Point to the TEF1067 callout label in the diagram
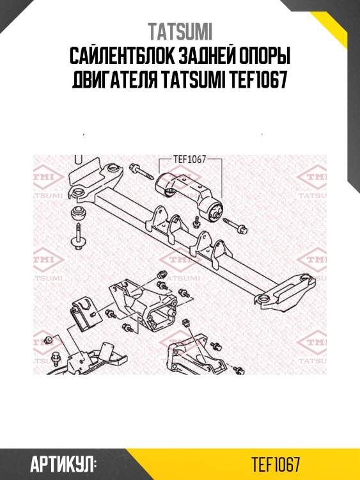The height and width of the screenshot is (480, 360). (189, 160)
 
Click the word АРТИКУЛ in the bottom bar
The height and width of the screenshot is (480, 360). (63, 463)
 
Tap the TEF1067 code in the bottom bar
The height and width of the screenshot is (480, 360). (276, 463)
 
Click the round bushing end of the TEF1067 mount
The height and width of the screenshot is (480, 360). (213, 208)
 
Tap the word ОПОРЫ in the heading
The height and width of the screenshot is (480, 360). (263, 58)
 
